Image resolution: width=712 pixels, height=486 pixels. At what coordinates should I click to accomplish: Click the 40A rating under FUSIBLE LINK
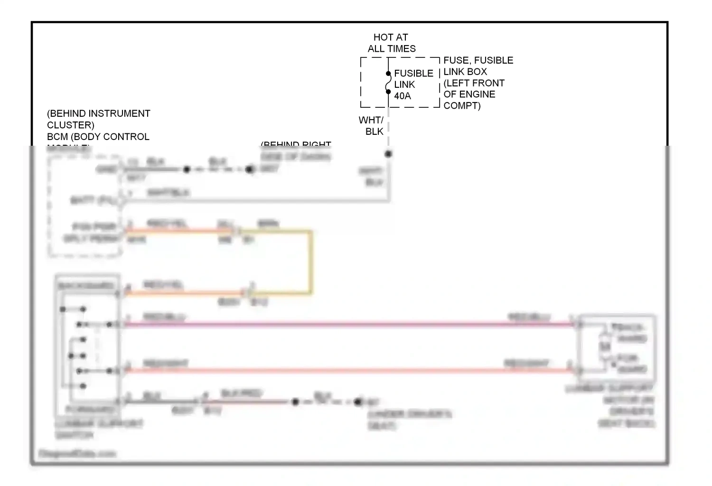tap(402, 96)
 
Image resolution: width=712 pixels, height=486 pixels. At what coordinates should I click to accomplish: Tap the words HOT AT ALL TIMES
tap(391, 43)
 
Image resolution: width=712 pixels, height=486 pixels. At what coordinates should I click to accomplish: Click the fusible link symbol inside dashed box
tap(388, 83)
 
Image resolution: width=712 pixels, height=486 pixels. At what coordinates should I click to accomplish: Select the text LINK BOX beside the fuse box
tap(465, 72)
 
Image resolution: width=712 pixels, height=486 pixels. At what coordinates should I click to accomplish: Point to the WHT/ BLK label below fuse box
tap(371, 126)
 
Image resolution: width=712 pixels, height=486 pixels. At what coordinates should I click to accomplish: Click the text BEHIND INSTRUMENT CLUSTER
tap(98, 119)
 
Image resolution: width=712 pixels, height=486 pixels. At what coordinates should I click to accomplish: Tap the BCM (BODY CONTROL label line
tap(98, 137)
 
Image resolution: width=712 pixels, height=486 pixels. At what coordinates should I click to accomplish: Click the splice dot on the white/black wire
tap(388, 154)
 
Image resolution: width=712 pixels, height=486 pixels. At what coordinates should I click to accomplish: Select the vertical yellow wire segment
tap(311, 262)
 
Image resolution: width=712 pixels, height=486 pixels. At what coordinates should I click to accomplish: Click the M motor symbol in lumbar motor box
tap(605, 347)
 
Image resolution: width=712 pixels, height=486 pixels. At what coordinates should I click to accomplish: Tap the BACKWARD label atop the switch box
tap(86, 286)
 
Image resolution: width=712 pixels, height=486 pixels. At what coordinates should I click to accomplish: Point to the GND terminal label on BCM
tap(106, 169)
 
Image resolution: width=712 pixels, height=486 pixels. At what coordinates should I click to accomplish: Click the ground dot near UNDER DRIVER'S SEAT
tap(358, 402)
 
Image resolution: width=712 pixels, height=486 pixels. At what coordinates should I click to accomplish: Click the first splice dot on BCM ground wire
tap(187, 169)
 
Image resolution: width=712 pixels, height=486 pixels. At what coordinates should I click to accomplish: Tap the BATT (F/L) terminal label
tap(93, 201)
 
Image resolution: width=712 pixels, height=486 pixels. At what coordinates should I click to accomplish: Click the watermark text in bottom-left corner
tap(77, 454)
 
